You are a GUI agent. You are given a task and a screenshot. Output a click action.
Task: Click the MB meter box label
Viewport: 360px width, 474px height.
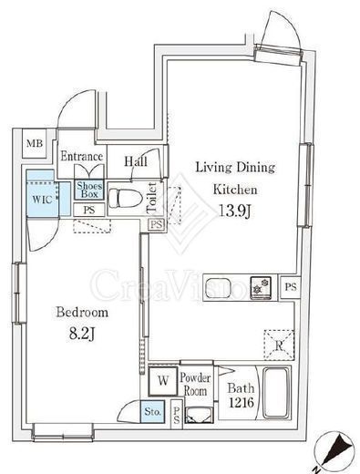35,143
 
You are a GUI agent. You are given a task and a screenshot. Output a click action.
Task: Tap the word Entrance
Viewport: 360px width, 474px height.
81,156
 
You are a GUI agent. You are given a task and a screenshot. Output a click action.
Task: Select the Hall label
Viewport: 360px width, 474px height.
136,161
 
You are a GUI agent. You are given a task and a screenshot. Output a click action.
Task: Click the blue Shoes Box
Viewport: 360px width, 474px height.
89,190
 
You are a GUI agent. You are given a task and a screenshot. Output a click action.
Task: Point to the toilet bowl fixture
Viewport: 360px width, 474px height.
126,198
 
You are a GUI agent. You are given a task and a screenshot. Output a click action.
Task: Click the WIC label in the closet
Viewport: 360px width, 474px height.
42,200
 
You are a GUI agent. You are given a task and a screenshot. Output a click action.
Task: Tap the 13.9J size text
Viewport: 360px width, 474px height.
234,211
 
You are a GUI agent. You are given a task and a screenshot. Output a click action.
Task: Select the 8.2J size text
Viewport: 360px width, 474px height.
82,334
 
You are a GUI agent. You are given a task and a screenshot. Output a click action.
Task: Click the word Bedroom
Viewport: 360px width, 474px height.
82,312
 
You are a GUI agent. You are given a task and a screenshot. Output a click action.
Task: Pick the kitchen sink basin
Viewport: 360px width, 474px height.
218,287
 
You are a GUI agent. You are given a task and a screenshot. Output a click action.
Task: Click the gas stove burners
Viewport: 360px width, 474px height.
261,287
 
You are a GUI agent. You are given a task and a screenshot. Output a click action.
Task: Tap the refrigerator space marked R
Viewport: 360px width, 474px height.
279,345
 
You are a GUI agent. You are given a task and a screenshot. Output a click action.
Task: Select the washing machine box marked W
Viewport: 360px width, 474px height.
163,380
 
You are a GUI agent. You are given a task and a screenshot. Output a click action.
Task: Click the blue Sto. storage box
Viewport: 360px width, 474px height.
152,412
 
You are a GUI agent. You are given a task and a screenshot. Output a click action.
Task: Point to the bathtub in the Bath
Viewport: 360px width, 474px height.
275,394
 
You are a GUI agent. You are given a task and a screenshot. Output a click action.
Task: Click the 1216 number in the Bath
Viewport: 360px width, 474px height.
241,403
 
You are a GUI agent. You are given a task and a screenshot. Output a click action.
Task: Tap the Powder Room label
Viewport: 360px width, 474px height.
195,384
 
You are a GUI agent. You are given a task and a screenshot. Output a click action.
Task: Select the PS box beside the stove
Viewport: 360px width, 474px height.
291,287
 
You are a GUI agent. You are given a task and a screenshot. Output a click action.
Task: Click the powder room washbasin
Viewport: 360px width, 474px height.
200,415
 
